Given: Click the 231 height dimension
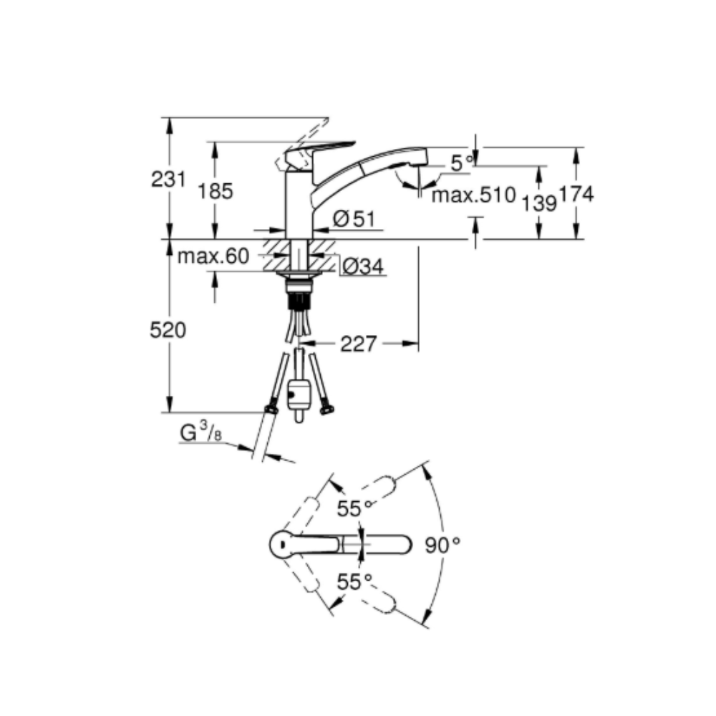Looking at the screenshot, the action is click(168, 179).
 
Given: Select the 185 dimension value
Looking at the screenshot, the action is click(215, 191).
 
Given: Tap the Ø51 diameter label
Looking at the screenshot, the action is click(354, 219).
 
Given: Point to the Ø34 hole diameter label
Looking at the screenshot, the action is click(363, 266).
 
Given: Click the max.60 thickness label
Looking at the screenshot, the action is click(213, 256).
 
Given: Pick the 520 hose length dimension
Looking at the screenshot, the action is click(168, 329).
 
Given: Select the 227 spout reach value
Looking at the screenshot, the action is click(359, 344).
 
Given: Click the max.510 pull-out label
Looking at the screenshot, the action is click(473, 195).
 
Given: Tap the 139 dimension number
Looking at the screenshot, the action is click(539, 203).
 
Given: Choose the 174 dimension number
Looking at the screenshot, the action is click(576, 194).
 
